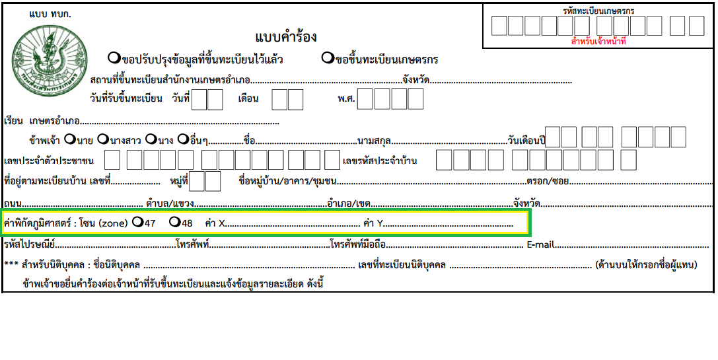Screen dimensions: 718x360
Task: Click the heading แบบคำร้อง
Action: pos(286,36)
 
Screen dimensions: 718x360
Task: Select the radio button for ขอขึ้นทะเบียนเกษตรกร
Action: pos(328,58)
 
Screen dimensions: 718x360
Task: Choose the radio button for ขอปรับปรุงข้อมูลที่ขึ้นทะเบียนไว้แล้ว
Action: pos(114,58)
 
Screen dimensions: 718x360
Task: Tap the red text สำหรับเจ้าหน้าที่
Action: pos(598,42)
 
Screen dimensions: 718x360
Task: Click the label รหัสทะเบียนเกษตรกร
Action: pos(598,11)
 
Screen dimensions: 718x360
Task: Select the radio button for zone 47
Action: pos(137,222)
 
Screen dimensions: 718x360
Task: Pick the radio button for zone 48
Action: pos(174,222)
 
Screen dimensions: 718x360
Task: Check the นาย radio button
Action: pos(69,138)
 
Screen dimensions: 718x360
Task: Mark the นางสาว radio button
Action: pos(103,138)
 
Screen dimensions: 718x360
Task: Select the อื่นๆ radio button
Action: pos(183,138)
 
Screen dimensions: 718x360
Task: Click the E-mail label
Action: pos(541,244)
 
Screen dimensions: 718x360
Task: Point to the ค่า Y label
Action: pos(373,223)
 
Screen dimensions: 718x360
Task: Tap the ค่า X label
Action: pos(215,223)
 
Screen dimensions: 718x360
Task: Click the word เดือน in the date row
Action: pos(248,98)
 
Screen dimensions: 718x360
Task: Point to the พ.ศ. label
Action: pos(347,98)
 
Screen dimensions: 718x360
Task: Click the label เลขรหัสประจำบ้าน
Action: pos(380,161)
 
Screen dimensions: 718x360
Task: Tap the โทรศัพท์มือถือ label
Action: pos(357,244)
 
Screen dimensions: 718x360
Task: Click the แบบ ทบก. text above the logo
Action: pos(50,14)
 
